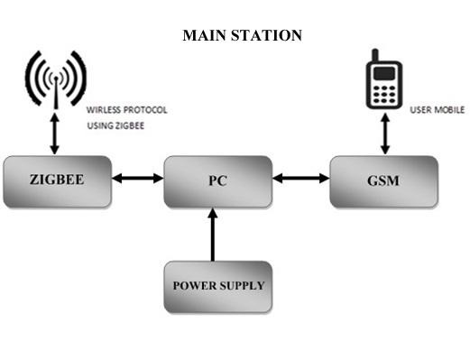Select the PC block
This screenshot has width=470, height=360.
(217, 180)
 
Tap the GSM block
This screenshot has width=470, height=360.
(383, 180)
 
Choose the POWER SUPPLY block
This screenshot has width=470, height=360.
(218, 286)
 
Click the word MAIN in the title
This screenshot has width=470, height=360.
(203, 35)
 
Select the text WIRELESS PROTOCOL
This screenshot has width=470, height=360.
(126, 109)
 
